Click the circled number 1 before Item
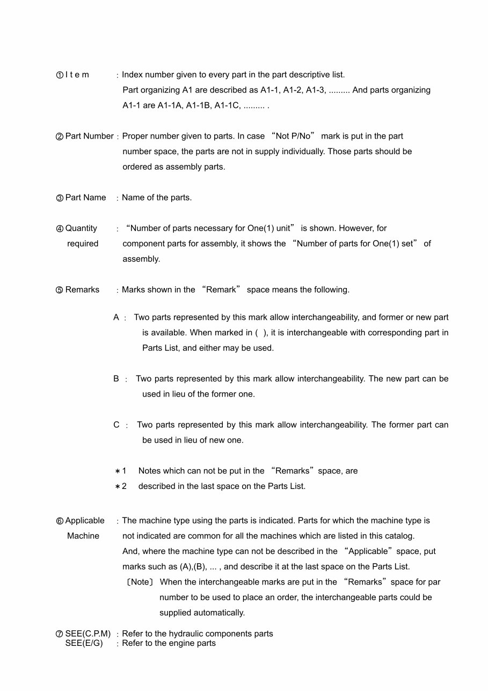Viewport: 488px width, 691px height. [x=60, y=75]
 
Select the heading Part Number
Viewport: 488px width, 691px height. [x=89, y=136]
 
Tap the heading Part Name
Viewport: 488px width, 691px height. [x=85, y=198]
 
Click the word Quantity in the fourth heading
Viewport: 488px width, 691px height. [x=81, y=228]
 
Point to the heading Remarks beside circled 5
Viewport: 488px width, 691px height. [x=82, y=290]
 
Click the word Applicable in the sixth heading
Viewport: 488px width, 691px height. [x=85, y=521]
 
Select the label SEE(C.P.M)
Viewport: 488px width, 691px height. [x=88, y=634]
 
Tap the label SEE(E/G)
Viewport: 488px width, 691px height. [x=84, y=643]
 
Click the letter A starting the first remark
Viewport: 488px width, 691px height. [x=116, y=318]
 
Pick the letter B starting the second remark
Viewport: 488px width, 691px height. [x=116, y=379]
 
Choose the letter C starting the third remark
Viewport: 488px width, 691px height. [x=116, y=425]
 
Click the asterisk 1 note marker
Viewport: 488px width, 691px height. [x=120, y=471]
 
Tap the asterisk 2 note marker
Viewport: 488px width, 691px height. [x=120, y=487]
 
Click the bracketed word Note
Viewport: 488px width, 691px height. [x=140, y=582]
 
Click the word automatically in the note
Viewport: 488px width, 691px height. [x=221, y=613]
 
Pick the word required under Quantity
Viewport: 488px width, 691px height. [x=83, y=244]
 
